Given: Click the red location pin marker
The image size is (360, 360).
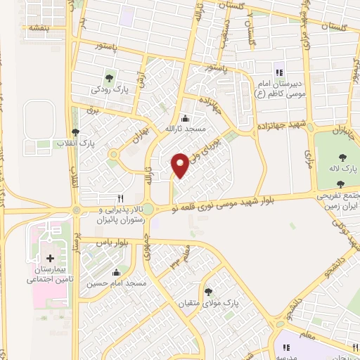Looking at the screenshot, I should [181, 165].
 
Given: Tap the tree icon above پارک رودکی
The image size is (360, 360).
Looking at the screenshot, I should [108, 78].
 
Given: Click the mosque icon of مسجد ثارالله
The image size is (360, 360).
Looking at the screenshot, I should [184, 118].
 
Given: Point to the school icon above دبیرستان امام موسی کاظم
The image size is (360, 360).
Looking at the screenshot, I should [278, 72].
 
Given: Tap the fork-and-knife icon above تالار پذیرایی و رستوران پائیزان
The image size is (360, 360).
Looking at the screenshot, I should [120, 199].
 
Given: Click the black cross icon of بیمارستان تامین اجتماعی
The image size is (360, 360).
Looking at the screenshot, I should [49, 259].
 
